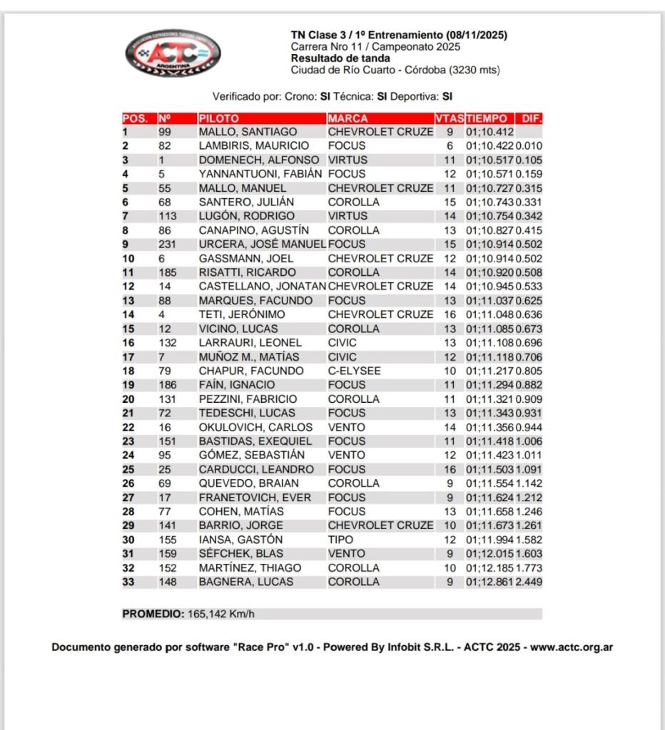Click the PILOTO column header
point(219,118)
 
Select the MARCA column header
point(348,118)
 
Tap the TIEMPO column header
point(487,118)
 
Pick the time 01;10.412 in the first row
point(490,132)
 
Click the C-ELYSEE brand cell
point(354,371)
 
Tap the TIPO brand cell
point(340,540)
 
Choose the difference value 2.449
point(529,582)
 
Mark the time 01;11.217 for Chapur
point(490,371)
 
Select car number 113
point(168,216)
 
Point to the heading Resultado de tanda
point(340,58)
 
